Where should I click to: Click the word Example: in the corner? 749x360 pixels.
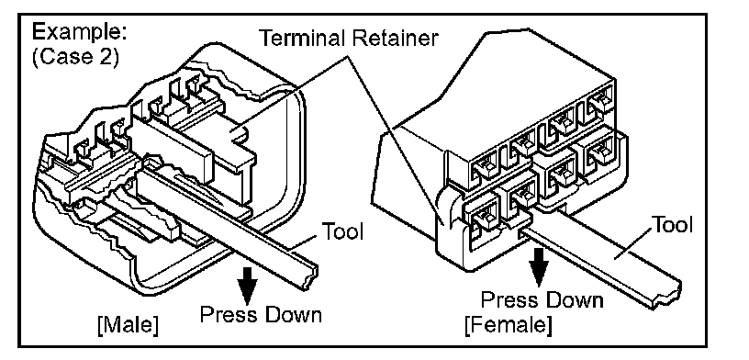coord(80,34)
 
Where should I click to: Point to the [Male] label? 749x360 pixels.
coord(128,326)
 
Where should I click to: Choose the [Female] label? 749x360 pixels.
coord(509,324)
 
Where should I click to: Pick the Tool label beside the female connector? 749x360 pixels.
coord(673,224)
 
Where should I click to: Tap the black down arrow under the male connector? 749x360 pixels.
coord(249,286)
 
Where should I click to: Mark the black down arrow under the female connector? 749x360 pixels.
coord(541,265)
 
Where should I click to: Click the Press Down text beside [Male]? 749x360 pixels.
coord(261,315)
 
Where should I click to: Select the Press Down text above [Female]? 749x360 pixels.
coord(542,300)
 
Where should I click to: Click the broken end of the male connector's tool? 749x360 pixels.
coord(309,276)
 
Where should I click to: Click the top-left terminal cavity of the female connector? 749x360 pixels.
coord(486,167)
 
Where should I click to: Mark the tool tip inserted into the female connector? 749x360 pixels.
coord(525,234)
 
